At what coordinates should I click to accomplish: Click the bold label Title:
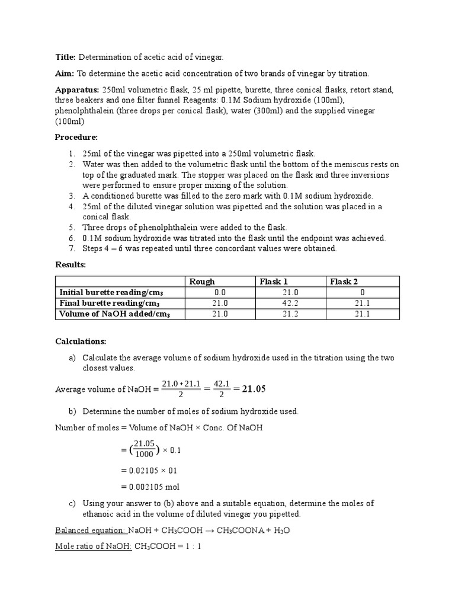(65, 57)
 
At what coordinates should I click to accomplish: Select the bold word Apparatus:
(78, 90)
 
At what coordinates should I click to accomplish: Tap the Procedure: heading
(76, 137)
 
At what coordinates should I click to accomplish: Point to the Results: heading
(71, 264)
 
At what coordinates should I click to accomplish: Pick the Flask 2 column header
(344, 282)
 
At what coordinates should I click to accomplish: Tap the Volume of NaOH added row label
(115, 314)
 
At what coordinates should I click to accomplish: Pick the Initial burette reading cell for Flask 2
(362, 292)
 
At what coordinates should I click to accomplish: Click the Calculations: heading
(81, 341)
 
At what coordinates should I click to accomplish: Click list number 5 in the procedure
(71, 227)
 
